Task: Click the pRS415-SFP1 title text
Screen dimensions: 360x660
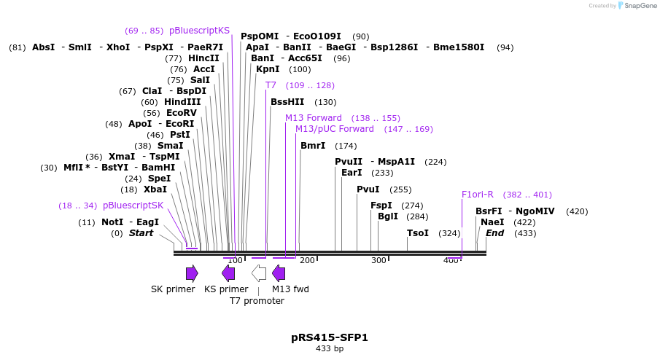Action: pos(330,337)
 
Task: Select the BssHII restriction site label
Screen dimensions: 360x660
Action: pos(287,102)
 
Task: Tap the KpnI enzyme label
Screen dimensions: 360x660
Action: pos(268,69)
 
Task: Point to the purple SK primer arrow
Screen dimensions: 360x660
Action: pos(192,273)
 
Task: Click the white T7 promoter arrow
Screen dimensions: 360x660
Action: pos(259,273)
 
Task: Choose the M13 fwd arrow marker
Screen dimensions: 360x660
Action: pos(279,273)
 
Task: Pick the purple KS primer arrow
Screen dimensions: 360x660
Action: pos(228,273)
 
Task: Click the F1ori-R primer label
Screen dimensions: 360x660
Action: pos(478,195)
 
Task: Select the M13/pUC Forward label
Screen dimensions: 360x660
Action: pos(334,129)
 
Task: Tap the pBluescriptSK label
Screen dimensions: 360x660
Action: pos(133,206)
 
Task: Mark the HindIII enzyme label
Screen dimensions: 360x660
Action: pos(182,102)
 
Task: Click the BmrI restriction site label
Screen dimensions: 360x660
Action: pos(313,146)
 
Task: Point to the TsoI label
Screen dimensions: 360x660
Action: pos(418,233)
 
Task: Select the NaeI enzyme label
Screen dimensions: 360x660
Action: pos(492,222)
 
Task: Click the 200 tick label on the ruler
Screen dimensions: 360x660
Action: pos(307,260)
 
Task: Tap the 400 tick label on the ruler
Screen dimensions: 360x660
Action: pos(451,260)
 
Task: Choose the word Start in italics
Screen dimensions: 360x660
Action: pos(141,233)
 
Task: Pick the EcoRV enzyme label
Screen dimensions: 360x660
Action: pos(182,113)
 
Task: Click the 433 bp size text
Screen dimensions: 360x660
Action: pos(330,349)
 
